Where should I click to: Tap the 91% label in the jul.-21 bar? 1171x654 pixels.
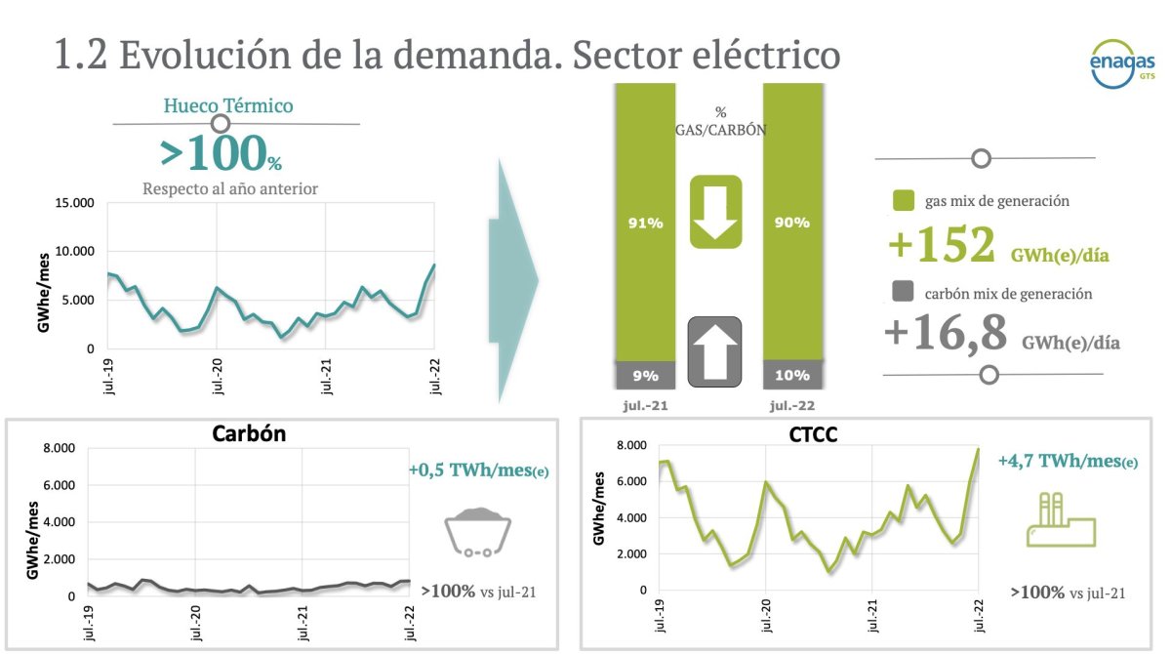tap(644, 224)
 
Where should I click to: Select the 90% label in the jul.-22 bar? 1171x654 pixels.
tap(792, 223)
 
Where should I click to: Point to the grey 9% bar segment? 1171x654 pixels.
tap(644, 375)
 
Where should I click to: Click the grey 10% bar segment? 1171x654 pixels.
tap(792, 375)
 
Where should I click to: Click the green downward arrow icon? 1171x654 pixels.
tap(716, 212)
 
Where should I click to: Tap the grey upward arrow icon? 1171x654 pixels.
tap(715, 351)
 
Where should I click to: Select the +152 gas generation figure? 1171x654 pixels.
tap(942, 246)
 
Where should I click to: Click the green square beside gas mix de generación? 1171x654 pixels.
tap(904, 202)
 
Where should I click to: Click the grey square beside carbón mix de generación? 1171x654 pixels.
tap(904, 292)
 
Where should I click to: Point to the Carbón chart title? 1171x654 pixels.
tap(249, 434)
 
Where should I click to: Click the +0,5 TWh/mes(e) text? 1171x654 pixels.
tap(478, 471)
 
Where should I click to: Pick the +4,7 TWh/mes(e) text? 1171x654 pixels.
tap(1068, 461)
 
